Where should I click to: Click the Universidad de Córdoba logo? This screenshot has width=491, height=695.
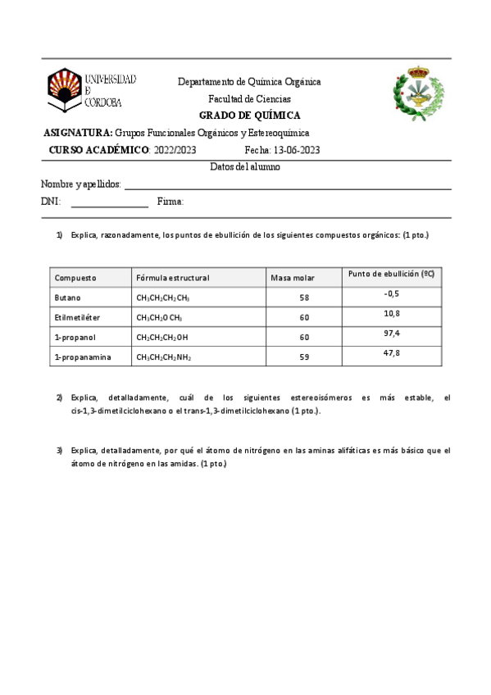(91, 89)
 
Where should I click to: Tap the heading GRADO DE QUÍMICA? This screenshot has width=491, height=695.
(250, 116)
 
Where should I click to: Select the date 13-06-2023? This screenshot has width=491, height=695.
(293, 150)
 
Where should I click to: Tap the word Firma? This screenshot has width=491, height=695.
(170, 202)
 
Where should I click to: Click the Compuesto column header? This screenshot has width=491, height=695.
(75, 278)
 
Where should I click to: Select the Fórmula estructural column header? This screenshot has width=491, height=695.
(173, 278)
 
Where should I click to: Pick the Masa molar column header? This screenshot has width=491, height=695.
(293, 278)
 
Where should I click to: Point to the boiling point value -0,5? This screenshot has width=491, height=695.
(391, 293)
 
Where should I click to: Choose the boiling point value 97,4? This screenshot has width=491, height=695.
(391, 333)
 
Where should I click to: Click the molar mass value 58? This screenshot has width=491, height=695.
(305, 298)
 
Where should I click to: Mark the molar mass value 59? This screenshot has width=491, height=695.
(305, 357)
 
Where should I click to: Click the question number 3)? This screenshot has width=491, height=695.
(59, 450)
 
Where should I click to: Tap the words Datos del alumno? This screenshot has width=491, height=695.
(246, 166)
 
